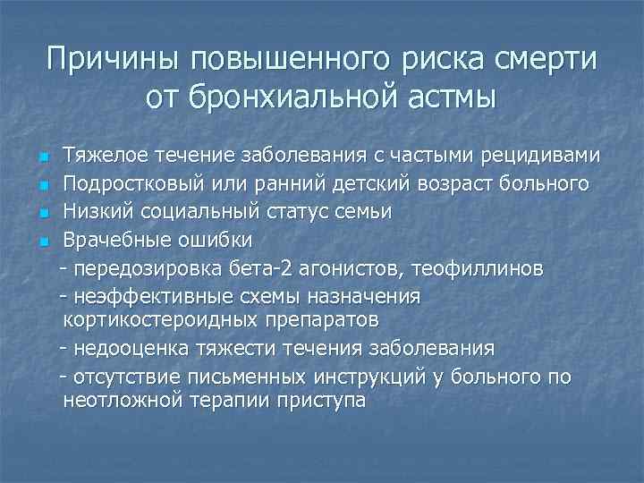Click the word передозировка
point(139,267)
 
